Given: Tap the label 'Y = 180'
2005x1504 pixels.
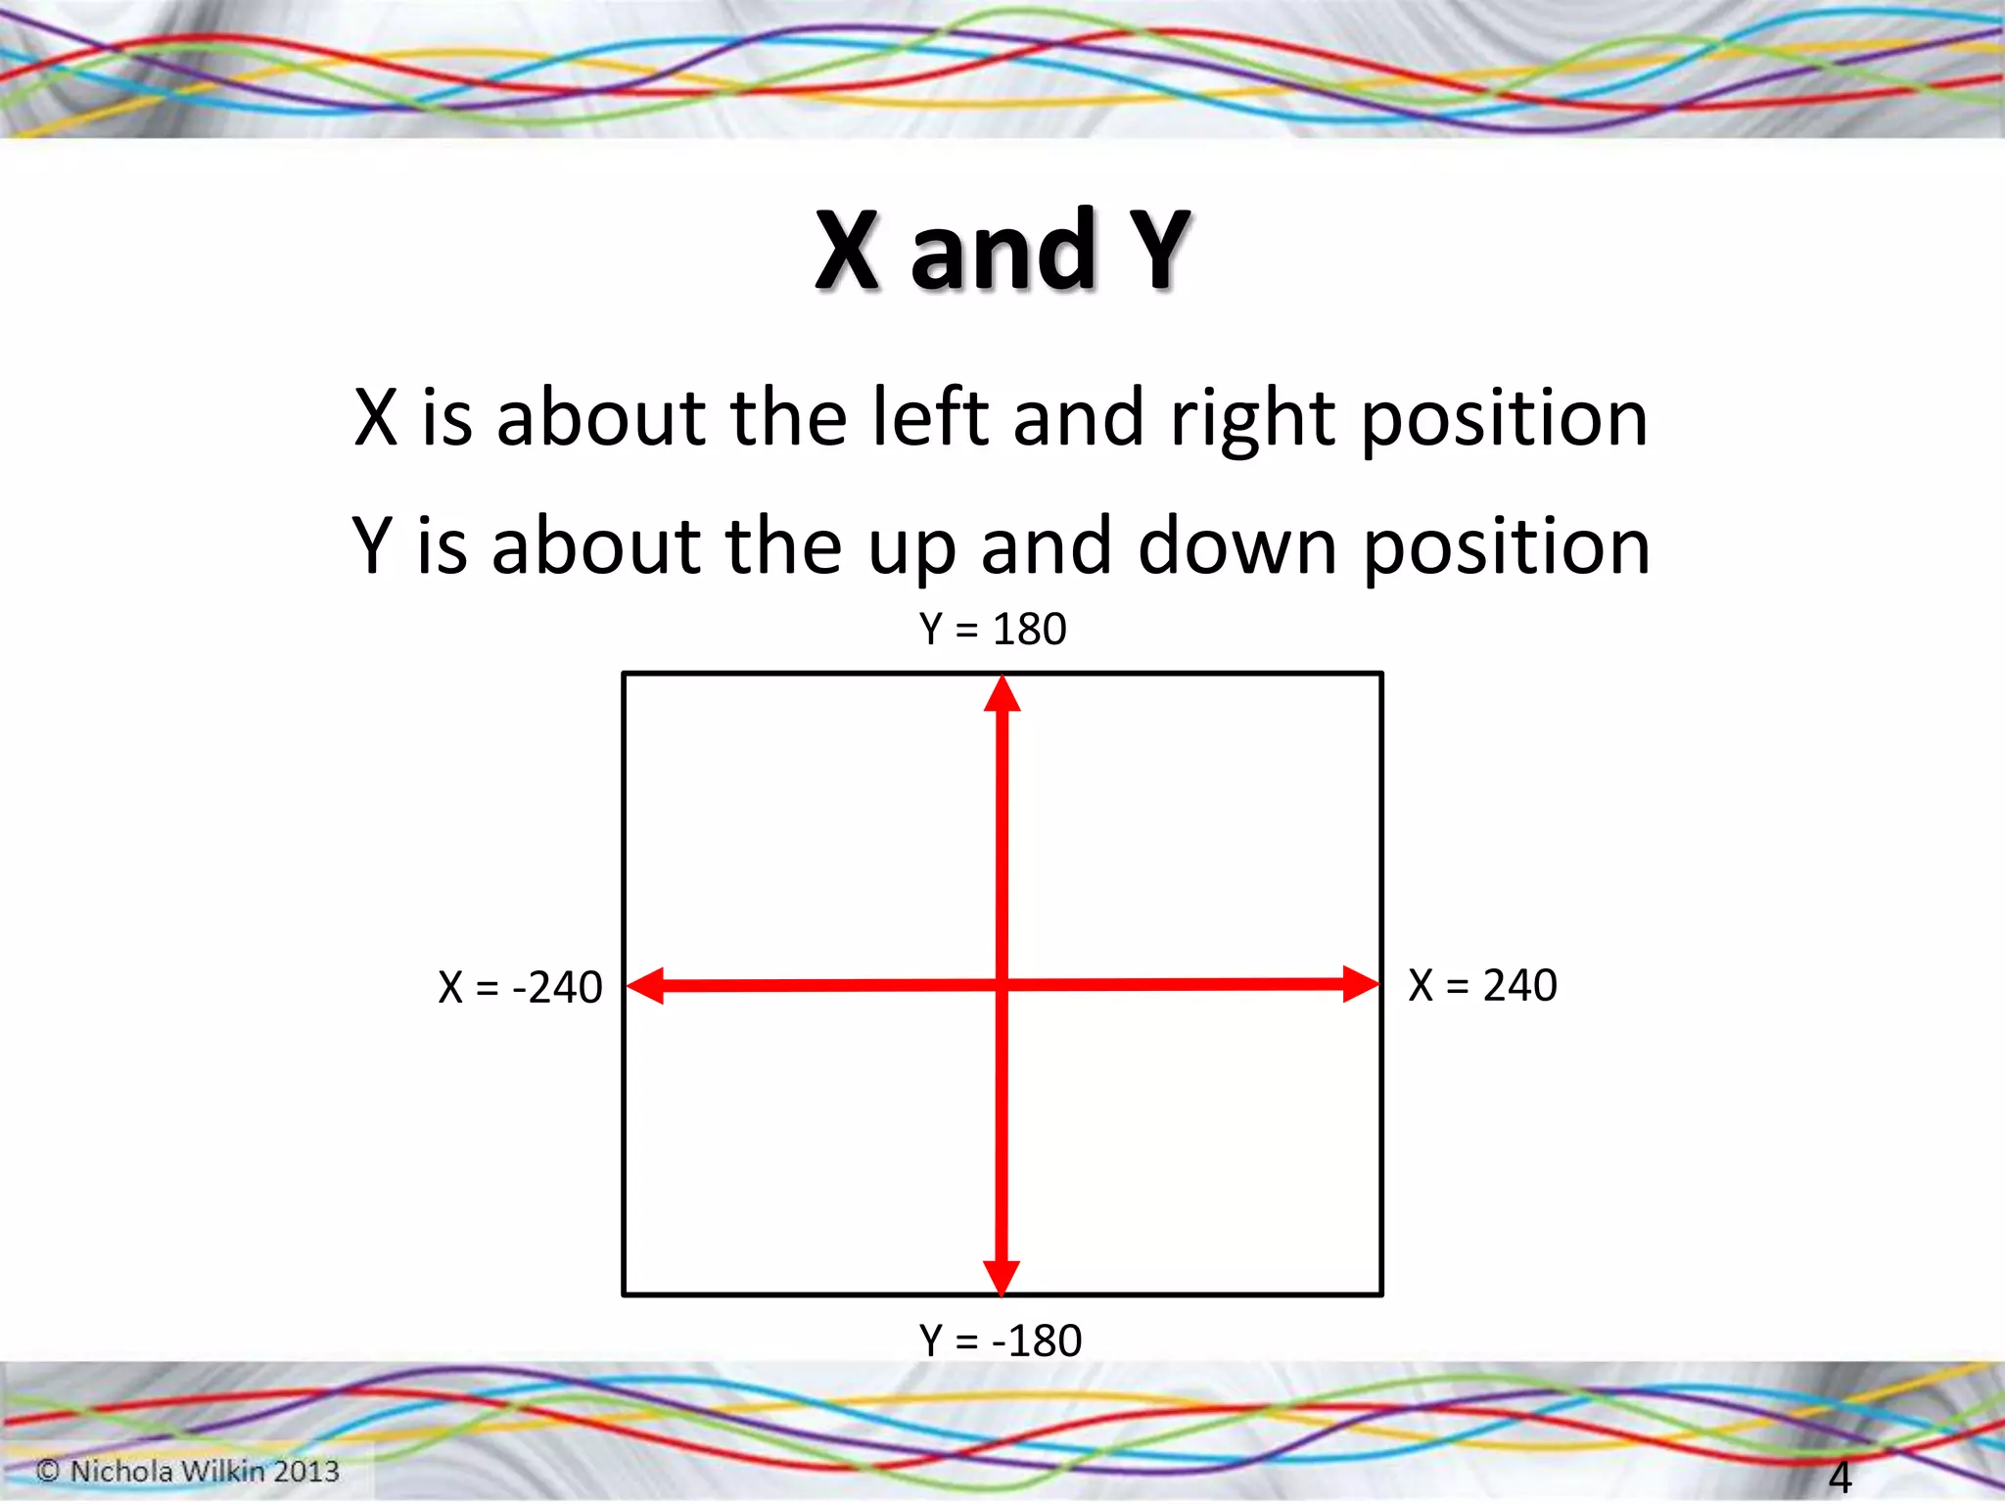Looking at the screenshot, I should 992,629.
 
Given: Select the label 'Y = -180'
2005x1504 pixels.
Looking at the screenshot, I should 1000,1340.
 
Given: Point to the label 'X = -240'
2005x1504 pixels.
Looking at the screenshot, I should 520,987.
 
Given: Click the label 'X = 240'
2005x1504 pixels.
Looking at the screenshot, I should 1482,985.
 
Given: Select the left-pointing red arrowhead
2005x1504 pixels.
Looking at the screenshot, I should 645,986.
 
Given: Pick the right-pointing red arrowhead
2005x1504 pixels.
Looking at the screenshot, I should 1360,984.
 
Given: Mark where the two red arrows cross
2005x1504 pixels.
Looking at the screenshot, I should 1002,985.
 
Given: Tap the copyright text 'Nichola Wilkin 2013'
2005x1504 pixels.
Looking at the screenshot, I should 204,1471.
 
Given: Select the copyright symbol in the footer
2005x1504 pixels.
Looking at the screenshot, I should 48,1471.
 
